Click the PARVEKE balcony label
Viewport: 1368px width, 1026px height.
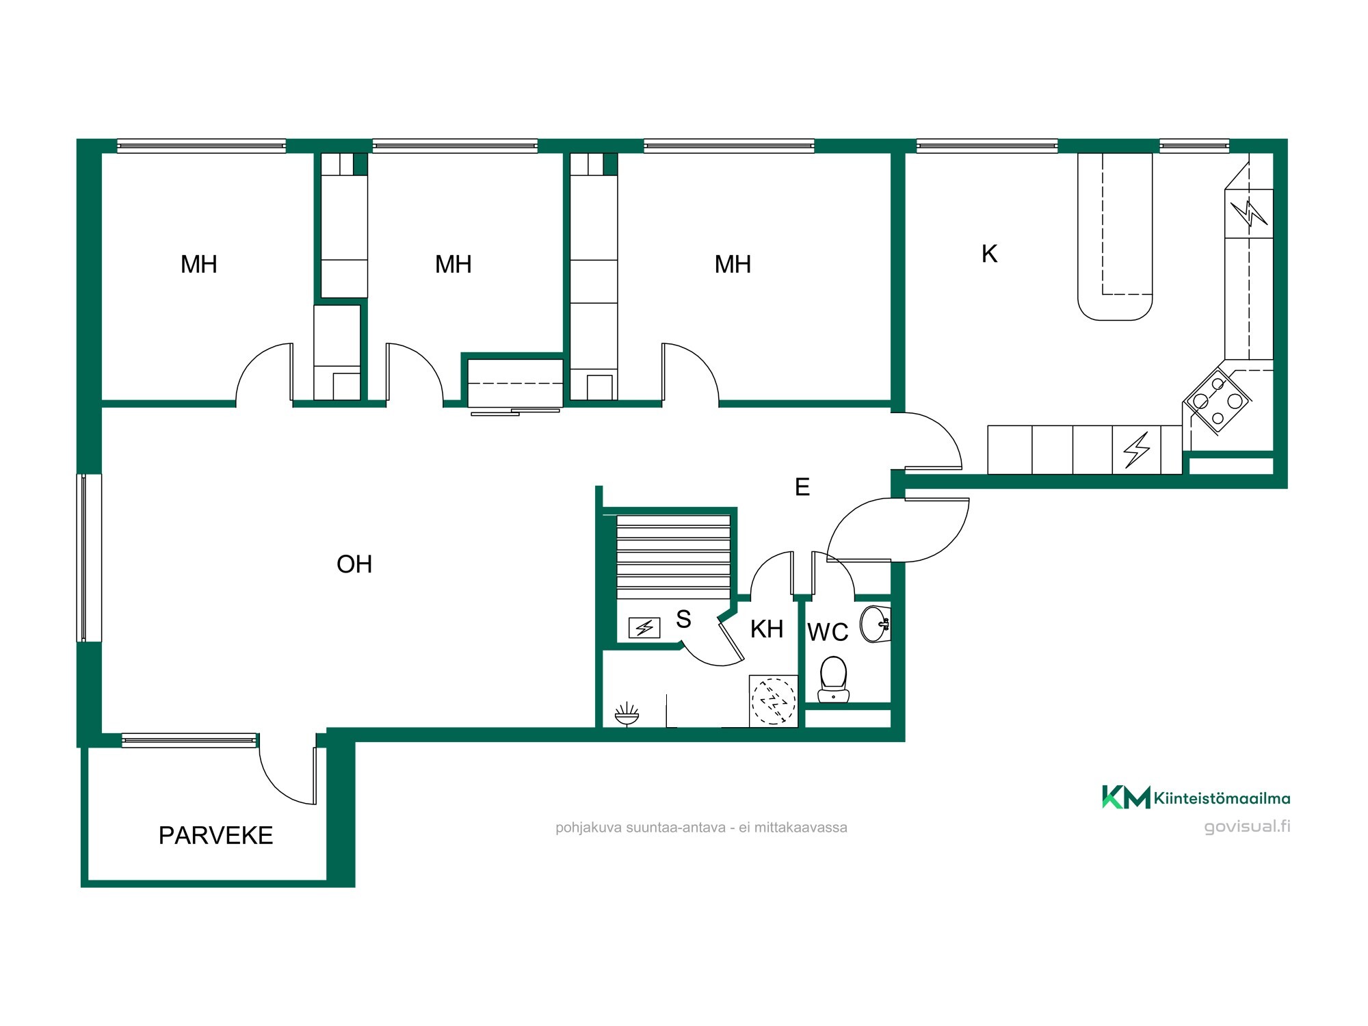coord(215,835)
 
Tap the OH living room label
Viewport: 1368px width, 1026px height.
coord(354,564)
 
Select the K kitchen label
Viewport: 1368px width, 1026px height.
coord(989,254)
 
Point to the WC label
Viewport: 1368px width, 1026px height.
coord(828,632)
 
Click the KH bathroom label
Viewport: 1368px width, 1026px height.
coord(766,629)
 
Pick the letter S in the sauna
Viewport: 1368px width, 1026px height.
coord(683,619)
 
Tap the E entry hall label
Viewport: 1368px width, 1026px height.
coord(802,487)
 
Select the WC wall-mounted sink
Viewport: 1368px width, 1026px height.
coord(875,624)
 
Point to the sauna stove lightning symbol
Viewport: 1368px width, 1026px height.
coord(644,627)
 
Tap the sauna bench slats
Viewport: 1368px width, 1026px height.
coord(674,557)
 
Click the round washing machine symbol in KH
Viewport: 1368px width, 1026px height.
coord(774,701)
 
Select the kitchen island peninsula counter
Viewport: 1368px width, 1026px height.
coord(1115,236)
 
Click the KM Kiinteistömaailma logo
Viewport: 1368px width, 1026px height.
coord(1196,798)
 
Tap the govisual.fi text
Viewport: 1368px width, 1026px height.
coord(1247,826)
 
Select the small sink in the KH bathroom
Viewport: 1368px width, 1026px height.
coord(627,715)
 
